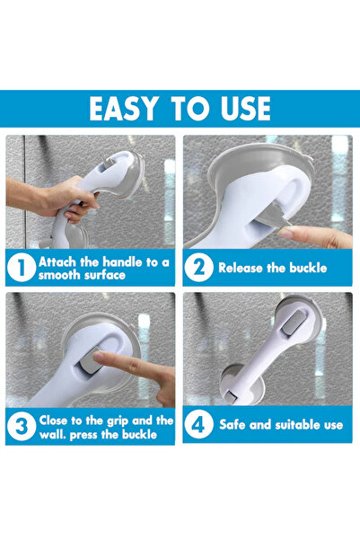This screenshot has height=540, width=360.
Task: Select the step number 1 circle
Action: pyautogui.click(x=21, y=268)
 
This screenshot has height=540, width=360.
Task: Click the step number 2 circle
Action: pyautogui.click(x=198, y=268)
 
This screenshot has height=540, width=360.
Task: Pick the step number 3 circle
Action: pyautogui.click(x=22, y=427)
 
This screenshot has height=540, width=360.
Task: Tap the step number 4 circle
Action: pyautogui.click(x=198, y=424)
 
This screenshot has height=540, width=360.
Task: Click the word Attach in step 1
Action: pyautogui.click(x=57, y=262)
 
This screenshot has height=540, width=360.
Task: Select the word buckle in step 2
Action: pyautogui.click(x=308, y=268)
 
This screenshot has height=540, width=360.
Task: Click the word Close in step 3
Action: pyautogui.click(x=53, y=420)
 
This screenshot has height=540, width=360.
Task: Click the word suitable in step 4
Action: pyautogui.click(x=295, y=425)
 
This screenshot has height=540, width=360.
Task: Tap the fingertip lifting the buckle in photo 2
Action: pyautogui.click(x=288, y=232)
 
